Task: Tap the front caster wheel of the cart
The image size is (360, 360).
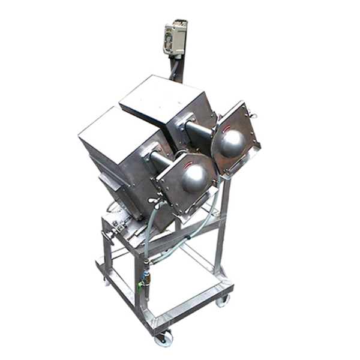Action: click(163, 339)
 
